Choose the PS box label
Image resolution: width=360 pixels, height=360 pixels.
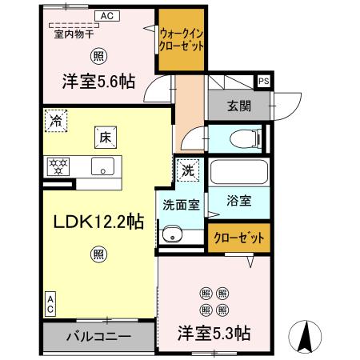pyautogui.click(x=263, y=81)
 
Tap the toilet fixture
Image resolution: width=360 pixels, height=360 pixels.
pyautogui.click(x=243, y=138)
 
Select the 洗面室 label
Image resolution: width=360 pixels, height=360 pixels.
pyautogui.click(x=182, y=204)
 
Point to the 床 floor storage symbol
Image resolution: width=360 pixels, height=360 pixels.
pyautogui.click(x=106, y=137)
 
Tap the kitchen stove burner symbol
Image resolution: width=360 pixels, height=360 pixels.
pyautogui.click(x=58, y=167)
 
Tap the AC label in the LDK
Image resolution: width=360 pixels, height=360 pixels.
pyautogui.click(x=50, y=302)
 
